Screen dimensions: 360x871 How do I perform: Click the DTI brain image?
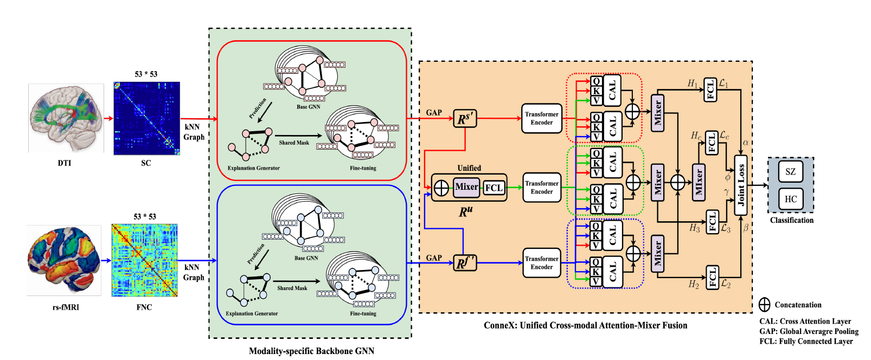point(66,118)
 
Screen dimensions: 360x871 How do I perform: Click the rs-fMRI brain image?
point(64,260)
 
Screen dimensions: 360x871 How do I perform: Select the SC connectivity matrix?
point(146,118)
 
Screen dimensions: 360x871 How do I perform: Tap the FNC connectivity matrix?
point(144,260)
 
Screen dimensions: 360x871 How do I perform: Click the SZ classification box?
point(790,172)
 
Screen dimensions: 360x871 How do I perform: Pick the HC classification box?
point(790,199)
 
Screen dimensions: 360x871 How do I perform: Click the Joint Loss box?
point(741,185)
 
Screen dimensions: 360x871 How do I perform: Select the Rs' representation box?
point(465,118)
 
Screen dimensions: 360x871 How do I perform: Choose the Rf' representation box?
point(465,263)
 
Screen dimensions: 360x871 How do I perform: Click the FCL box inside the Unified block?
point(494,188)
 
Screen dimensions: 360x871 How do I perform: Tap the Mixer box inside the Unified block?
point(466,187)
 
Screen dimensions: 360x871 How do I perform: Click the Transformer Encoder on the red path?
point(541,118)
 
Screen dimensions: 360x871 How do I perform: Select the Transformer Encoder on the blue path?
point(541,263)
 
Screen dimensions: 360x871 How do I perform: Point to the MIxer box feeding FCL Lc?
point(699,183)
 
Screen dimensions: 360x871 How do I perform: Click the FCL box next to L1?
point(710,89)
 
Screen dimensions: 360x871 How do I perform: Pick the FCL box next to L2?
point(712,277)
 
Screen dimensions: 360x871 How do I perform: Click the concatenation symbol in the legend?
point(764,305)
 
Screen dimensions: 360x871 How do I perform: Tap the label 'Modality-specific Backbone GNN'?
point(311,351)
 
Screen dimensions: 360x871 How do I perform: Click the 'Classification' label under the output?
point(791,220)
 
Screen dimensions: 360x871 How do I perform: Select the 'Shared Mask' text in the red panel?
point(294,143)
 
